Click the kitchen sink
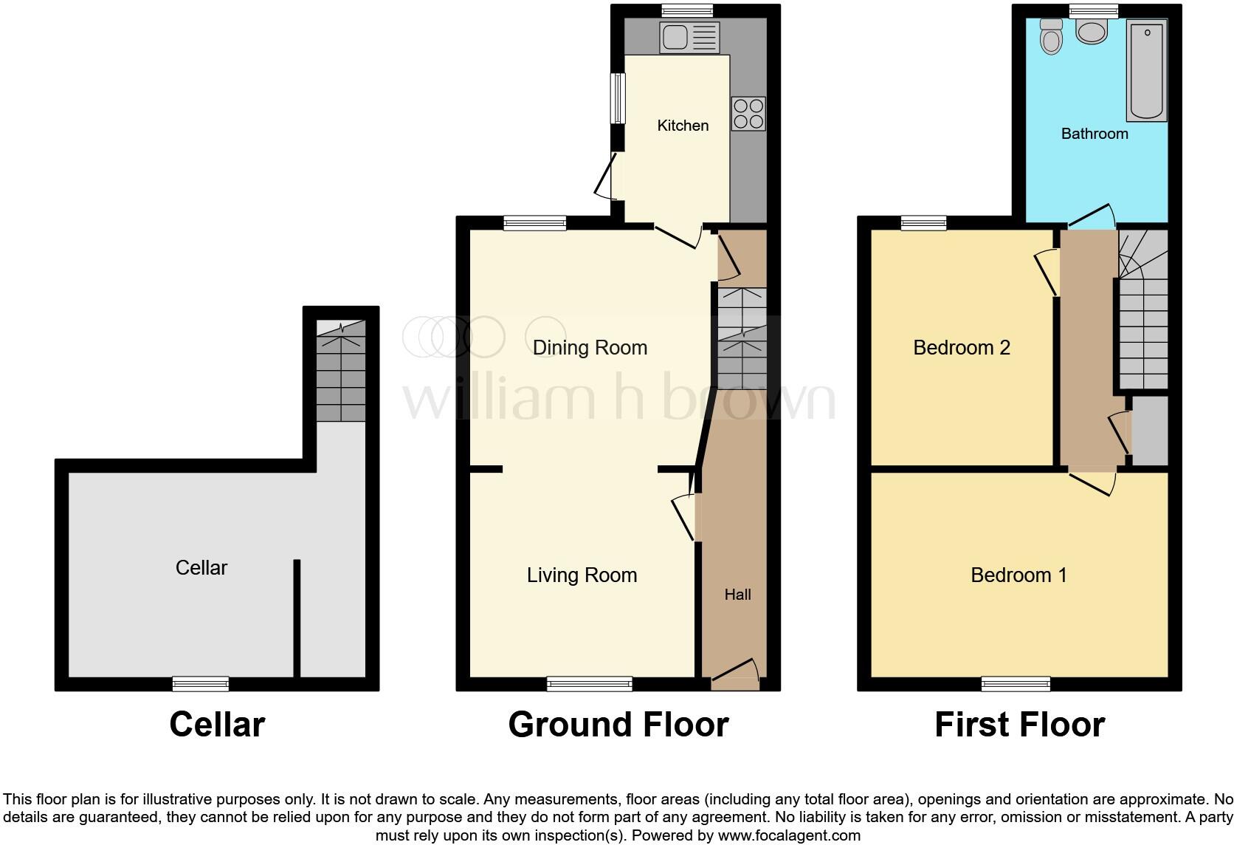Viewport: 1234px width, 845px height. pyautogui.click(x=690, y=38)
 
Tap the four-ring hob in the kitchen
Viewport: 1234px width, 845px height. pyautogui.click(x=748, y=114)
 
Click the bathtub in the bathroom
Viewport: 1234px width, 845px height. pyautogui.click(x=1146, y=71)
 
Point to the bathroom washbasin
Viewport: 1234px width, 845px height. pyautogui.click(x=1092, y=31)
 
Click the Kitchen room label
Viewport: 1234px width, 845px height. pyautogui.click(x=683, y=126)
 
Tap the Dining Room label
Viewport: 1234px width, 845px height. pyautogui.click(x=590, y=348)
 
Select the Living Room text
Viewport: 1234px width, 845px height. pyautogui.click(x=582, y=575)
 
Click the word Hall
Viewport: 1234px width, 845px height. pyautogui.click(x=737, y=595)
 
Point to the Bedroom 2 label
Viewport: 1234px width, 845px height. pyautogui.click(x=961, y=348)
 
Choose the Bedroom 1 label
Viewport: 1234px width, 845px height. pyautogui.click(x=1018, y=575)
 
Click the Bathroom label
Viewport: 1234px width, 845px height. pyautogui.click(x=1095, y=134)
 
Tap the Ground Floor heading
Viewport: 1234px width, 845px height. pyautogui.click(x=618, y=725)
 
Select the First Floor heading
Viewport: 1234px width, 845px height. pyautogui.click(x=1019, y=725)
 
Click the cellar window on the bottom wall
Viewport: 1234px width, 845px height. pyautogui.click(x=201, y=684)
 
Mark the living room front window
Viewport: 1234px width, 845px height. pyautogui.click(x=590, y=684)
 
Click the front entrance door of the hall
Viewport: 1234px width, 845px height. pyautogui.click(x=735, y=674)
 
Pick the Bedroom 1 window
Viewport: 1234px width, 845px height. pyautogui.click(x=1016, y=684)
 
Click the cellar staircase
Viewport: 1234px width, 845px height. pyautogui.click(x=341, y=372)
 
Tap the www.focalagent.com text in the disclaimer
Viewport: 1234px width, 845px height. pyautogui.click(x=788, y=835)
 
